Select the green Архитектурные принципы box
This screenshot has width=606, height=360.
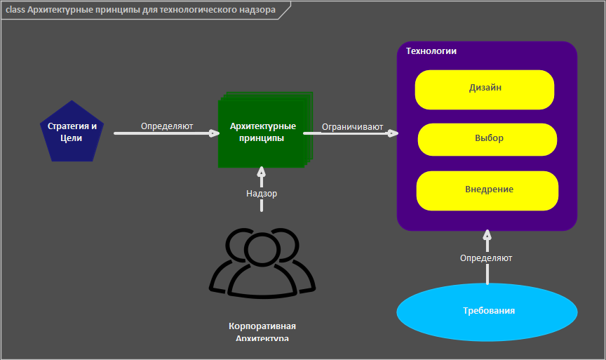262,132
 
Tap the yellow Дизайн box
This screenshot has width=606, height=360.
485,89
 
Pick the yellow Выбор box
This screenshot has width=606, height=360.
488,139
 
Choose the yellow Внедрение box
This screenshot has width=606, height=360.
488,190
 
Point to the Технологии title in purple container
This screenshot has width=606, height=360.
431,51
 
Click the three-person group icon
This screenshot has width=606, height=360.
262,261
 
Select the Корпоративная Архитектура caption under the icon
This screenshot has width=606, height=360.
262,332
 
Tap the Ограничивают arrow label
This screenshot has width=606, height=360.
352,127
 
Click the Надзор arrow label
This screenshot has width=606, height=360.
262,194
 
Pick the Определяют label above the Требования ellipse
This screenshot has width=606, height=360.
486,258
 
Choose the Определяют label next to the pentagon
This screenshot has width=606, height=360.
167,127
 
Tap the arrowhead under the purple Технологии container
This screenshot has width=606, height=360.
487,235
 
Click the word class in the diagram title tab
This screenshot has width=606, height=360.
15,11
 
